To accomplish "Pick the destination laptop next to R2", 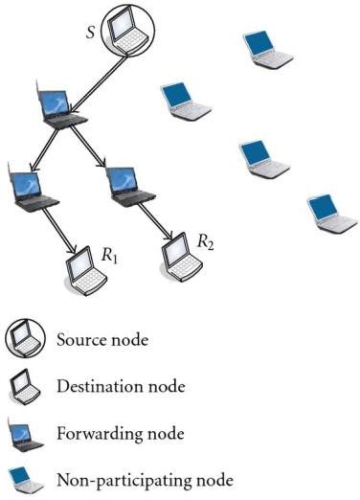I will click(178, 251).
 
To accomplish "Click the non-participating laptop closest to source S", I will click(179, 102).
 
